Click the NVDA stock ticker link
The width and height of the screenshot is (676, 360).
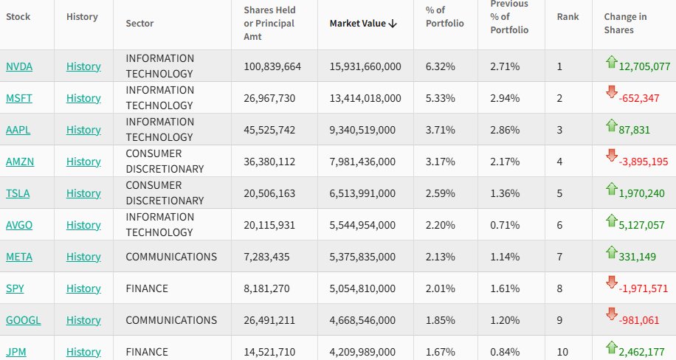pos(19,66)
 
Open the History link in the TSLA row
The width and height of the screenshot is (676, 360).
pos(83,193)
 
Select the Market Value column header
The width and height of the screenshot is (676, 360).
pos(363,23)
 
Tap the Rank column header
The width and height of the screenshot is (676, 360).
pos(568,16)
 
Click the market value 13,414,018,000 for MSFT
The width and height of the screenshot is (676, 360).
pos(365,98)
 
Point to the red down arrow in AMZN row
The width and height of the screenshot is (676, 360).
pos(610,155)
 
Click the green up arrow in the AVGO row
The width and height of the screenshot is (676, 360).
pos(610,218)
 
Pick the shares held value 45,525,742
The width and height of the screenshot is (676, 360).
pos(272,130)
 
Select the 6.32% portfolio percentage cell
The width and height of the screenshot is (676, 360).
pos(441,66)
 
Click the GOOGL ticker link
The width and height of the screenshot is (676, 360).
pos(24,320)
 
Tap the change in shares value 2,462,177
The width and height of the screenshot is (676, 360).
pos(644,352)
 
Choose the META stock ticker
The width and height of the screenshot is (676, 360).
pos(19,257)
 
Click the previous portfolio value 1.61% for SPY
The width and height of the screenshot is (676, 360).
pos(505,288)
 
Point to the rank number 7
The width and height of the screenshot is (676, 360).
pos(560,257)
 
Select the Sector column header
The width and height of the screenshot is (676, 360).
pos(139,23)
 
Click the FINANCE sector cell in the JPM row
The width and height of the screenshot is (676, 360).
pos(147,352)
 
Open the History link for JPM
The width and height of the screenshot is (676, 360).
pos(83,352)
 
